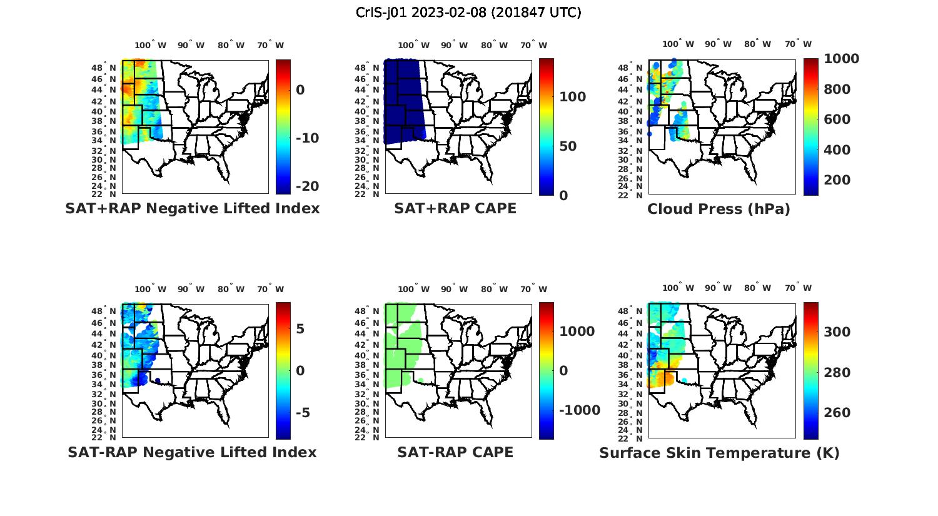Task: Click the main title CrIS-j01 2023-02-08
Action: pyautogui.click(x=468, y=13)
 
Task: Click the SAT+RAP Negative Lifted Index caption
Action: pyautogui.click(x=193, y=208)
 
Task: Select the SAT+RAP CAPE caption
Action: pyautogui.click(x=455, y=208)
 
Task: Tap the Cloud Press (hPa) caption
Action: pyautogui.click(x=719, y=209)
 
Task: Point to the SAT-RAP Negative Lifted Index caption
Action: pyautogui.click(x=192, y=452)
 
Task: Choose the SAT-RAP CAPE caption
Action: pyautogui.click(x=455, y=452)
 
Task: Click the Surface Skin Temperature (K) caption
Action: pyautogui.click(x=719, y=453)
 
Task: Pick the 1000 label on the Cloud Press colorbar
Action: pyautogui.click(x=841, y=59)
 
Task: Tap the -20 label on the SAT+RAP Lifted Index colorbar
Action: pyautogui.click(x=307, y=186)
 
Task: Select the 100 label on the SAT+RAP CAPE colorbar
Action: pyautogui.click(x=572, y=97)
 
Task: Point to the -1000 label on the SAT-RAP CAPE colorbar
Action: pyautogui.click(x=579, y=410)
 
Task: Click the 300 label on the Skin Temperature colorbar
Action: pyautogui.click(x=837, y=332)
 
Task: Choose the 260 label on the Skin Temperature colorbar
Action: pyautogui.click(x=837, y=413)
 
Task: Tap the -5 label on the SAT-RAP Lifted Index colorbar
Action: pyautogui.click(x=302, y=413)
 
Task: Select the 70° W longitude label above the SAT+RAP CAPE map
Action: pyautogui.click(x=534, y=45)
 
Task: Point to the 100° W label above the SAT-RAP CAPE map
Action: pyautogui.click(x=413, y=289)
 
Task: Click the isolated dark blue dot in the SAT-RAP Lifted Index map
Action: pyautogui.click(x=157, y=380)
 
